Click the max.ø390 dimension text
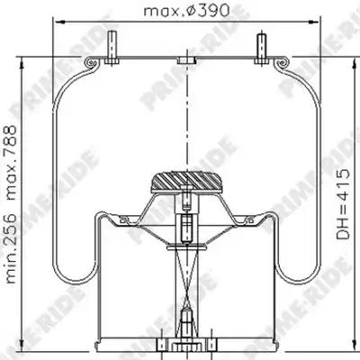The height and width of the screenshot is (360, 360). tap(186, 11)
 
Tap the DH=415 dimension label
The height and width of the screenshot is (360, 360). tap(343, 204)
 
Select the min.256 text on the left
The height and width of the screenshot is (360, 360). tap(12, 248)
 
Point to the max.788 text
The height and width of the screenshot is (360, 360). tap(12, 163)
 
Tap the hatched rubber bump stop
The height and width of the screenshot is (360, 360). tap(186, 182)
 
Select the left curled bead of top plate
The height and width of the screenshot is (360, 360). tap(91, 63)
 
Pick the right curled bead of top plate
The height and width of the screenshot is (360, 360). tap(283, 63)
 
